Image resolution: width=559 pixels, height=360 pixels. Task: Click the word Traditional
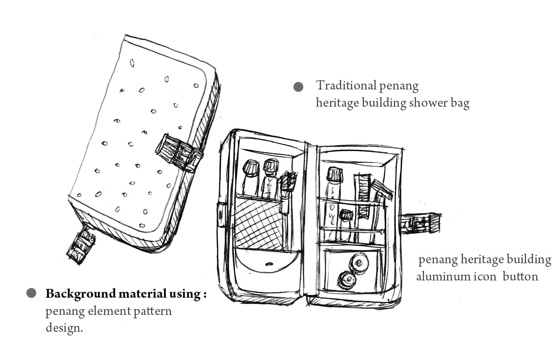(346, 85)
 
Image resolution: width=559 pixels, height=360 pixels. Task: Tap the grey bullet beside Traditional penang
(299, 87)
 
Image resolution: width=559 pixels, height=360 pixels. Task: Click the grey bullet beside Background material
(32, 293)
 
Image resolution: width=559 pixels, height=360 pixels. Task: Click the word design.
(64, 327)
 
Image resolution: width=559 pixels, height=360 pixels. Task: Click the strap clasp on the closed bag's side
(178, 152)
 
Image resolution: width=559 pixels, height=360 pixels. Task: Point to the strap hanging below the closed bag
(81, 245)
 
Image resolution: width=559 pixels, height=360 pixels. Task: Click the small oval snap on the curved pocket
(269, 263)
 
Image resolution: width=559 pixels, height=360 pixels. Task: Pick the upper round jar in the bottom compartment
(359, 263)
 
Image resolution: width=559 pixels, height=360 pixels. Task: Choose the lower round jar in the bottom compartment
(346, 280)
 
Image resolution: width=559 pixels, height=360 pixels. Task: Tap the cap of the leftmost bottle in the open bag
(251, 168)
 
